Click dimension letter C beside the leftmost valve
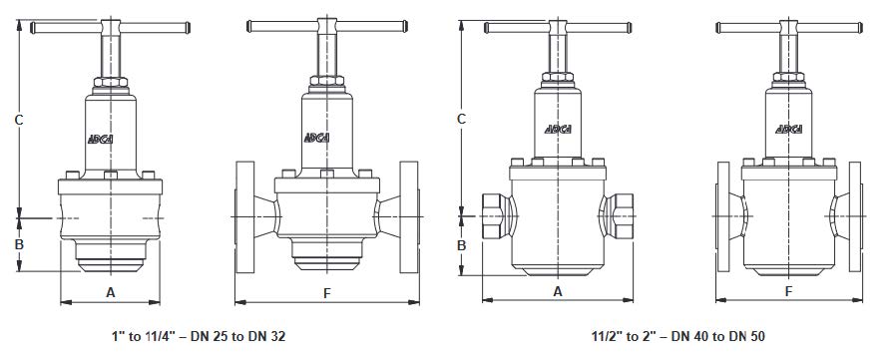click(x=19, y=120)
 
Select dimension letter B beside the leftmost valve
click(x=19, y=244)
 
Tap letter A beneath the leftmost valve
click(x=111, y=292)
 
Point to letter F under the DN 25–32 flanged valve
click(x=327, y=293)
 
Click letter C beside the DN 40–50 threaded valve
click(x=462, y=119)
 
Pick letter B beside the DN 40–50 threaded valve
click(x=462, y=245)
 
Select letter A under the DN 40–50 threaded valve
click(x=558, y=291)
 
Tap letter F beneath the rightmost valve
click(x=789, y=291)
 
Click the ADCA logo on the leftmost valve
click(x=101, y=139)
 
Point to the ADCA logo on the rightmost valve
click(x=789, y=129)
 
